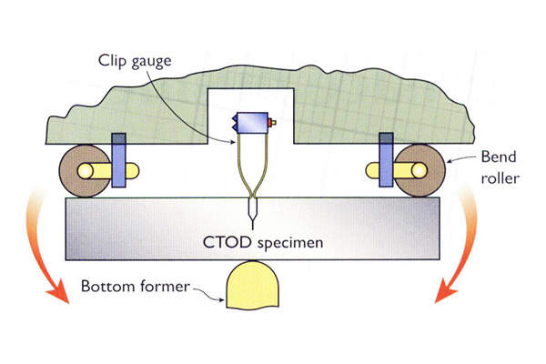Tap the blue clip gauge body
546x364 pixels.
click(250, 123)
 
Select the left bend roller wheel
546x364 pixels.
click(81, 169)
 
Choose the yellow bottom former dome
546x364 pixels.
click(250, 284)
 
